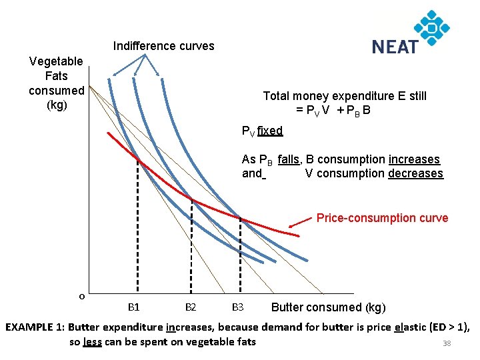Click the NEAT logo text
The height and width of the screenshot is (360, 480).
(395, 47)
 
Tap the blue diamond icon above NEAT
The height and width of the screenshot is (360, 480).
(432, 27)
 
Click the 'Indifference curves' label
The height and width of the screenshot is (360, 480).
(163, 46)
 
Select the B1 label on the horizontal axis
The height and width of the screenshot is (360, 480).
(133, 307)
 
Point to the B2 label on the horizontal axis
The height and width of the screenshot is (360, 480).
(190, 307)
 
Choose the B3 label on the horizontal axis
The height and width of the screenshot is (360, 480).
(237, 307)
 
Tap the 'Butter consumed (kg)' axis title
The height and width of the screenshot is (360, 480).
(328, 307)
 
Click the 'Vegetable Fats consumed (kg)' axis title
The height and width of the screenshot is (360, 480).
(57, 83)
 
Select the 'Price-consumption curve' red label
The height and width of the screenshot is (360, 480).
(382, 218)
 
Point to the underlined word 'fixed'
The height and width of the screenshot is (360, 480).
(270, 131)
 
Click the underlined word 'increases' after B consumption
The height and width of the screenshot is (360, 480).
(414, 159)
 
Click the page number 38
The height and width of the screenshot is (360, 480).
(447, 344)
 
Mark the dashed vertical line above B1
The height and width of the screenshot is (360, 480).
(137, 227)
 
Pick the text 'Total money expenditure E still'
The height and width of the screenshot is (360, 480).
(345, 96)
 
